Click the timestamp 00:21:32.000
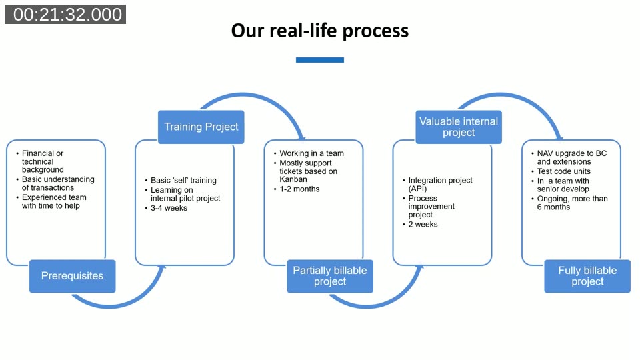click(65, 15)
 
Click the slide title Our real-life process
click(320, 31)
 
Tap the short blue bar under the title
click(320, 60)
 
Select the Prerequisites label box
click(72, 276)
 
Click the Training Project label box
click(201, 127)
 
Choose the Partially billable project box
click(330, 276)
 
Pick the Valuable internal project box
click(459, 127)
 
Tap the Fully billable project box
click(587, 276)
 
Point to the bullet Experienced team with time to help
click(54, 201)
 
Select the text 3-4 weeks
click(169, 208)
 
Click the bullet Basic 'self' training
click(183, 180)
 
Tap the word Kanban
click(294, 180)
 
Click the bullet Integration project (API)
click(440, 184)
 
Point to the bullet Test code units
click(563, 171)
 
